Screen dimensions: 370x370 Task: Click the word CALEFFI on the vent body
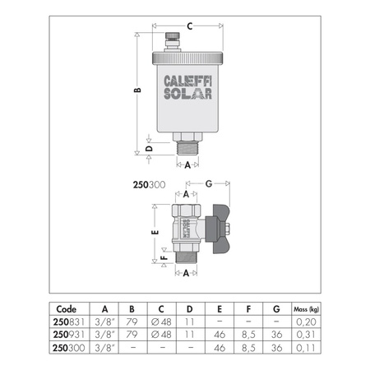pos(188,81)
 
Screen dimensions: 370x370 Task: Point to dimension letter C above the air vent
pos(188,26)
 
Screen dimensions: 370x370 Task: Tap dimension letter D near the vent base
pos(148,149)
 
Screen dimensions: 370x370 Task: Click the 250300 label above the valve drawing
pos(149,185)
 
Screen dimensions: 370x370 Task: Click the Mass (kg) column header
pos(309,310)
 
